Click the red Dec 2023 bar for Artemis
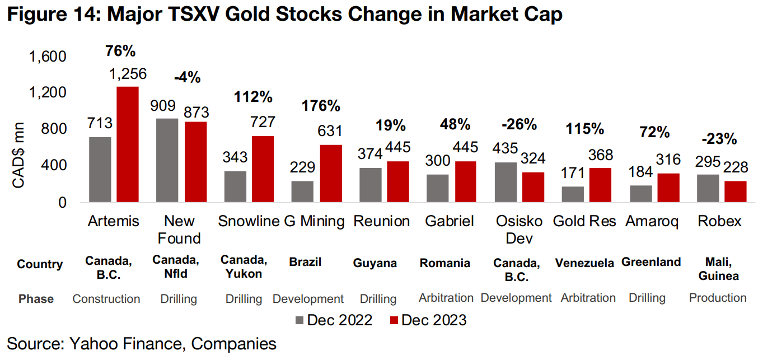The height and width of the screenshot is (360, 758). (127, 144)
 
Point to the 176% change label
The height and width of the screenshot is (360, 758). (321, 105)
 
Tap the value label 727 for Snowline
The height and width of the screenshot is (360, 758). (263, 124)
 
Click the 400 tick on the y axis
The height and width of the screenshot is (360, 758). (54, 166)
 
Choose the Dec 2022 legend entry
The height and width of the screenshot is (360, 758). (334, 320)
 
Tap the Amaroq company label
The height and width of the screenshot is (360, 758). (652, 221)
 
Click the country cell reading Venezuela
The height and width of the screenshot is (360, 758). (584, 263)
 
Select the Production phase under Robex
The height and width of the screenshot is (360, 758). (718, 298)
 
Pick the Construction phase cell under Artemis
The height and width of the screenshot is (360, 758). (106, 298)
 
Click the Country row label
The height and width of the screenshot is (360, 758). (40, 264)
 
